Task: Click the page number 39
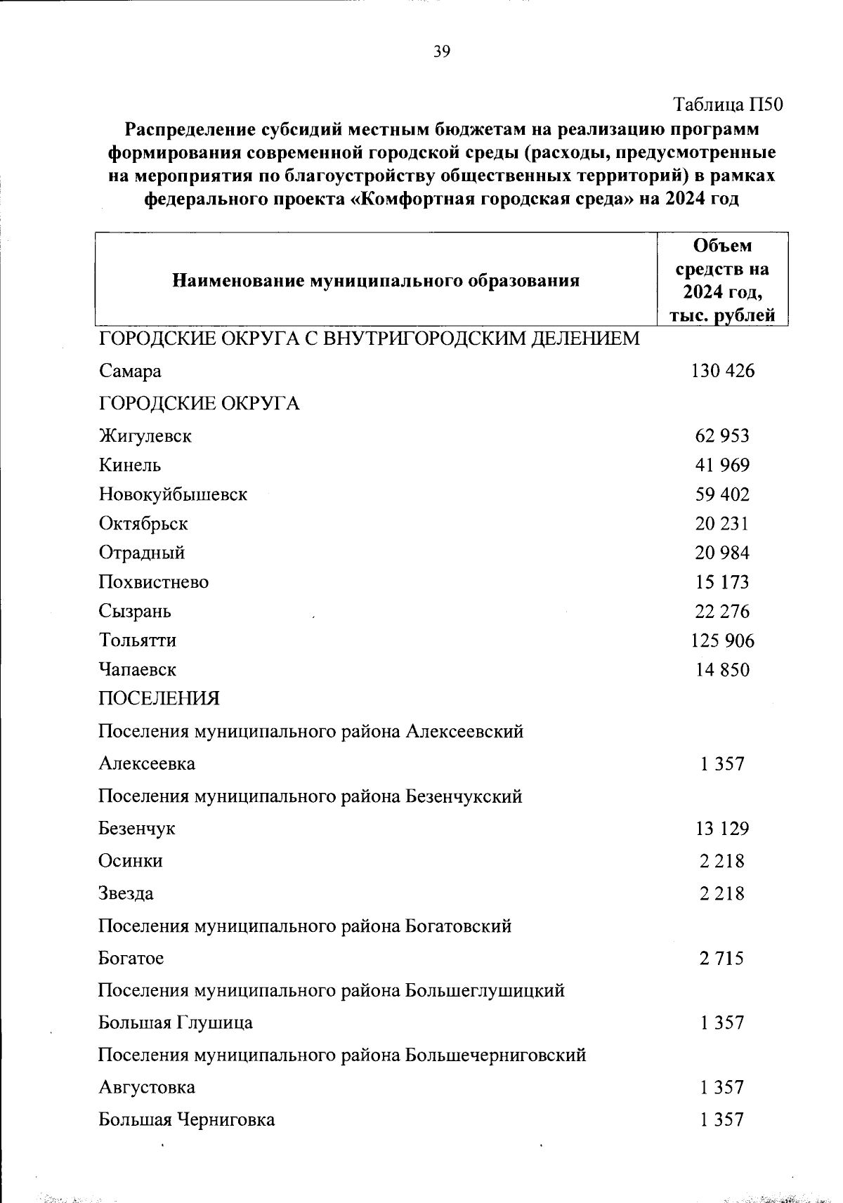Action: point(442,51)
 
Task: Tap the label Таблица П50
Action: point(728,105)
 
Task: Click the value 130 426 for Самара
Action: point(722,371)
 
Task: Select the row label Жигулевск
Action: point(145,436)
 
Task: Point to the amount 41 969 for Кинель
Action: point(722,465)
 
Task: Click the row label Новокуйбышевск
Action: point(173,494)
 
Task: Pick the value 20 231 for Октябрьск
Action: point(722,524)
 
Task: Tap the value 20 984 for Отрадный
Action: point(722,553)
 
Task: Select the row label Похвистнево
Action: point(153,582)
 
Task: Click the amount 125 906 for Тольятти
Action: point(722,640)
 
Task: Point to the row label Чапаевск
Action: point(137,670)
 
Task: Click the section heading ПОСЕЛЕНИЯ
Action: point(159,699)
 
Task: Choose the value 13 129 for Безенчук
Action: point(722,829)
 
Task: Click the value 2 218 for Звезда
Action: point(721,894)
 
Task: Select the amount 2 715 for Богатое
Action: point(721,959)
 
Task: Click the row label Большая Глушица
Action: point(176,1023)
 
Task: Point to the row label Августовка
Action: point(147,1088)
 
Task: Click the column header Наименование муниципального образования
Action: point(376,282)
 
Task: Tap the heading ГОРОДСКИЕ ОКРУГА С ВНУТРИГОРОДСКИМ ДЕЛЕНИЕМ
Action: point(369,339)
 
